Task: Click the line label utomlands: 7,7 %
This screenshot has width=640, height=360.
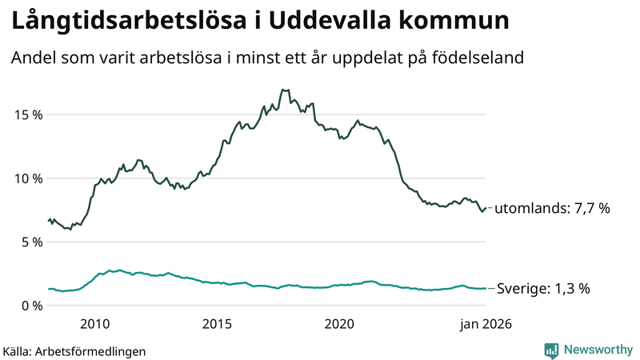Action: (552, 208)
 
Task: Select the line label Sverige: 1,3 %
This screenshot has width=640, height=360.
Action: (543, 289)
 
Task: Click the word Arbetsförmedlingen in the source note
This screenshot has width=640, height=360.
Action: (91, 350)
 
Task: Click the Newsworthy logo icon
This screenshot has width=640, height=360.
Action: (552, 350)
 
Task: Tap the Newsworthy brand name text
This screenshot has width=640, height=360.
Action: (597, 350)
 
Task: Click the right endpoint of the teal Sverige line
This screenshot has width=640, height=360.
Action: (486, 289)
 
